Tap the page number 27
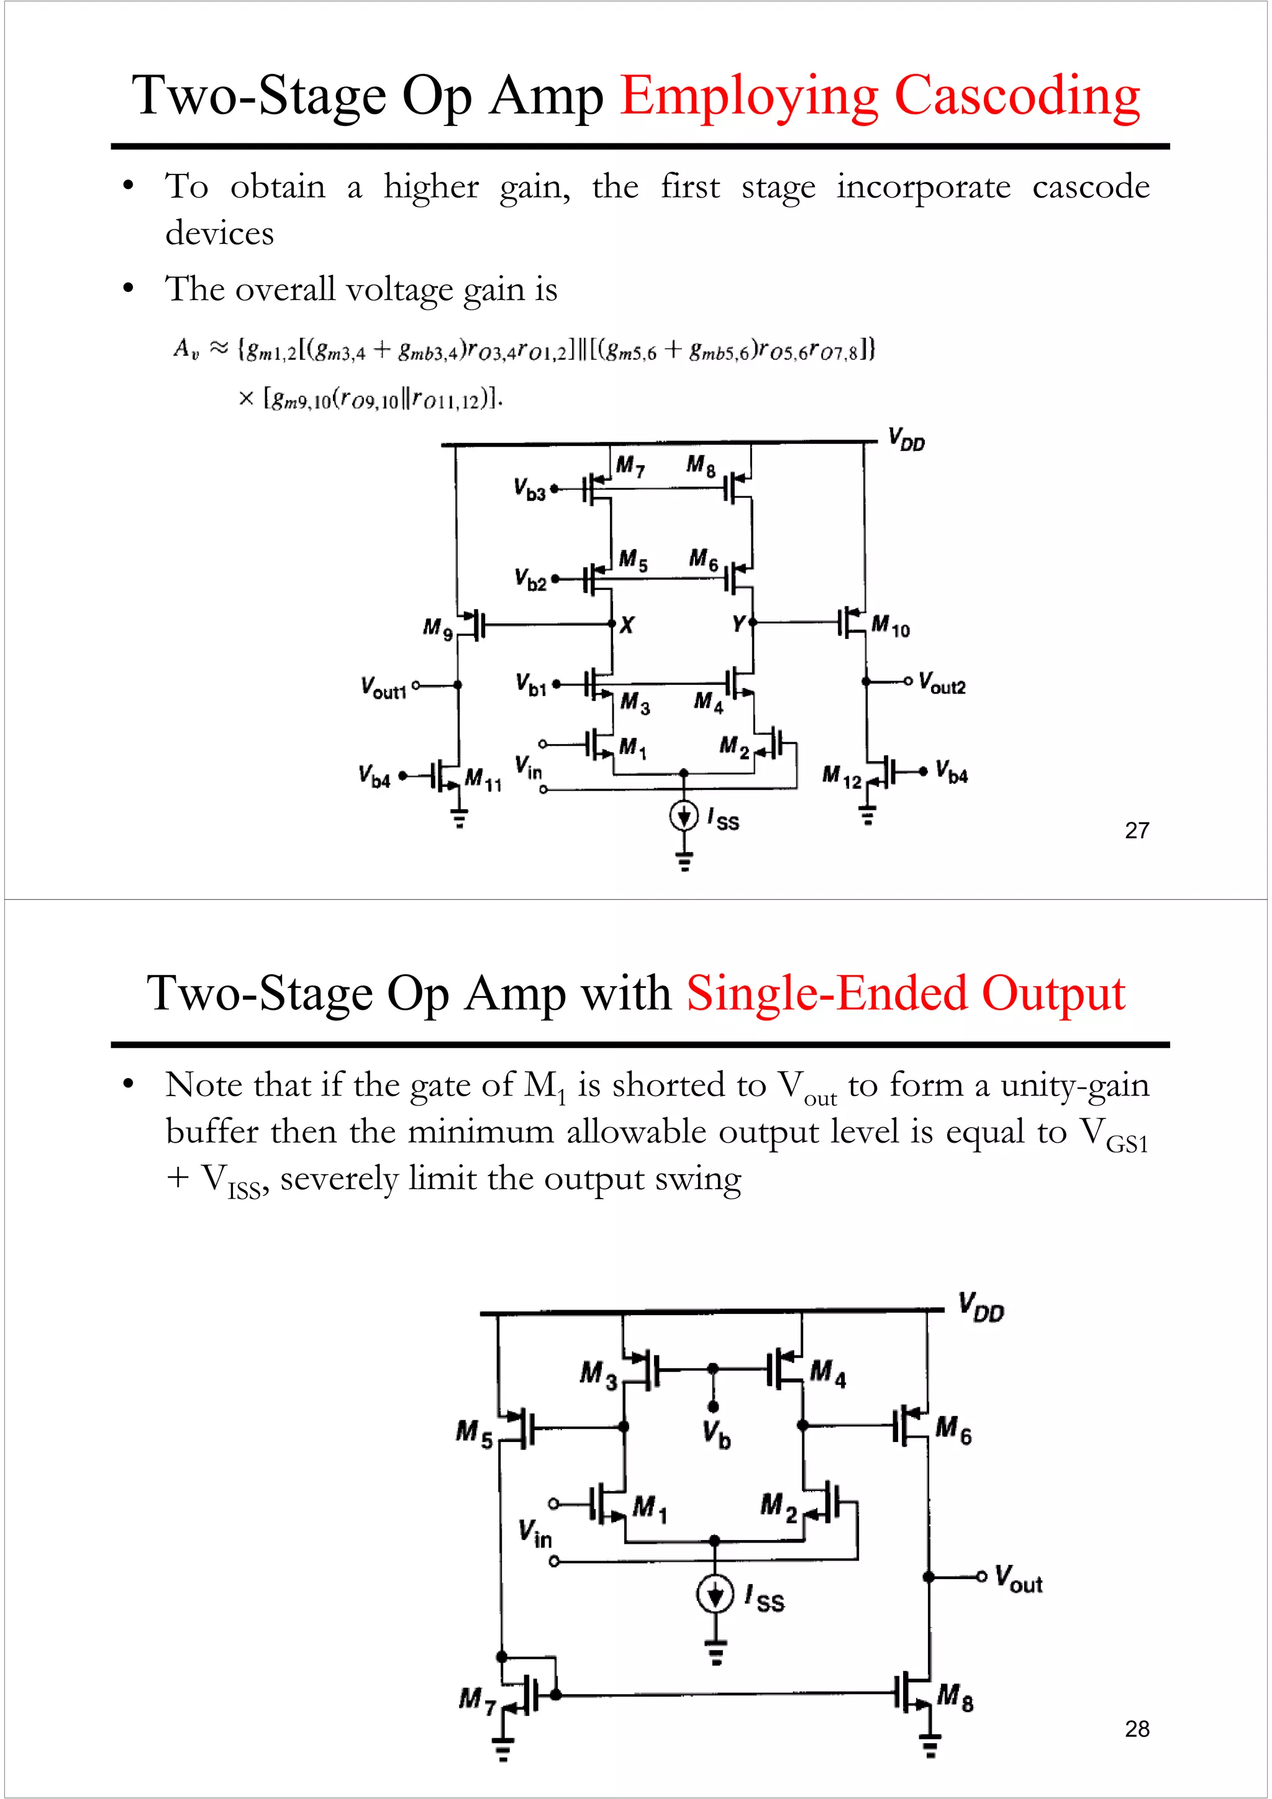pos(1137,830)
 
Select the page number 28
pos(1137,1728)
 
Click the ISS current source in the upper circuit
pos(683,817)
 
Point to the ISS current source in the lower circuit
pos(715,1593)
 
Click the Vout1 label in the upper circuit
pos(383,688)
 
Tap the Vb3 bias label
pos(529,489)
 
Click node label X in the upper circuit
pos(627,625)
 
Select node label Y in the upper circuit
pos(737,623)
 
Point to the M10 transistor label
pos(890,626)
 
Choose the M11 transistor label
pos(483,779)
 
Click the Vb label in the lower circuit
pos(716,1434)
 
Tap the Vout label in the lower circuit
pos(1018,1578)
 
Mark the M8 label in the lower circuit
pos(955,1697)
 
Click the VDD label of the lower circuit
pos(981,1307)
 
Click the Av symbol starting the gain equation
pos(186,348)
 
